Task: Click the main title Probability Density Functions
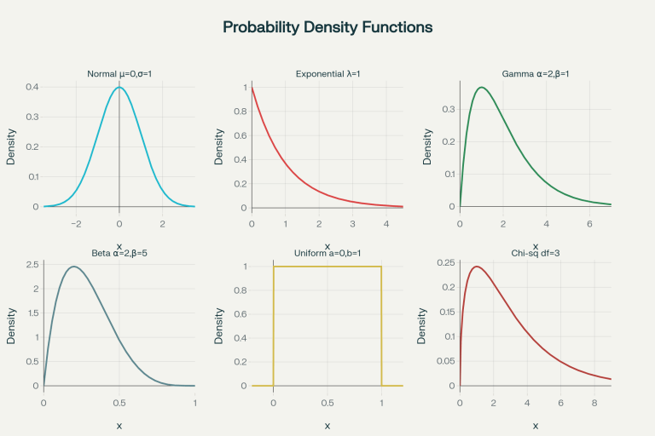327,27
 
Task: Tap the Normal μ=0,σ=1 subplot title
119,74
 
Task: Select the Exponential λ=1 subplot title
327,74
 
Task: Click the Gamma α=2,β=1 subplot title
536,74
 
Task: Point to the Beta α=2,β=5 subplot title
119,253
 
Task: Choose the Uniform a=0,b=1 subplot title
327,253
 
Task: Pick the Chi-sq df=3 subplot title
536,253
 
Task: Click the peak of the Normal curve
119,87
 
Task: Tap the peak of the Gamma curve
482,87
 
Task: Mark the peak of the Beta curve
74,267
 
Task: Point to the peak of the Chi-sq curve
477,267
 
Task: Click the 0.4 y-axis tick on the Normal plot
32,87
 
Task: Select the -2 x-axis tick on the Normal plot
76,223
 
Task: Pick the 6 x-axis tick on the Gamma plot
590,223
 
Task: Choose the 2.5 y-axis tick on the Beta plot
31,265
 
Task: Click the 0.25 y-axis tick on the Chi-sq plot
445,261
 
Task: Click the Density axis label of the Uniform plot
219,325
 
